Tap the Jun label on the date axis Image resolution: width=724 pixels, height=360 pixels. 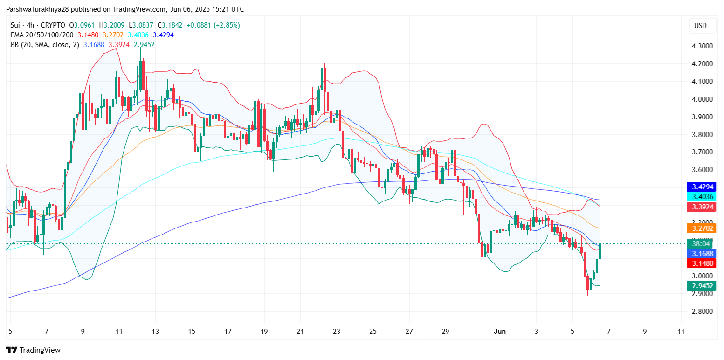coord(499,332)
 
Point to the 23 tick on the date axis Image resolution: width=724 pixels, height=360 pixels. coord(337,332)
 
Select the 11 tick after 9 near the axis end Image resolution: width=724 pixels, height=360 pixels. coord(681,332)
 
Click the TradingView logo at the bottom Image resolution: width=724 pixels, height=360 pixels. coord(33,350)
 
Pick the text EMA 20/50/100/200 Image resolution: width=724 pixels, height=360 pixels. coord(41,35)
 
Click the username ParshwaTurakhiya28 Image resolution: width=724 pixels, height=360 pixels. coord(35,9)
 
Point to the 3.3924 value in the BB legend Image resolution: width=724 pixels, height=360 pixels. coord(119,45)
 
